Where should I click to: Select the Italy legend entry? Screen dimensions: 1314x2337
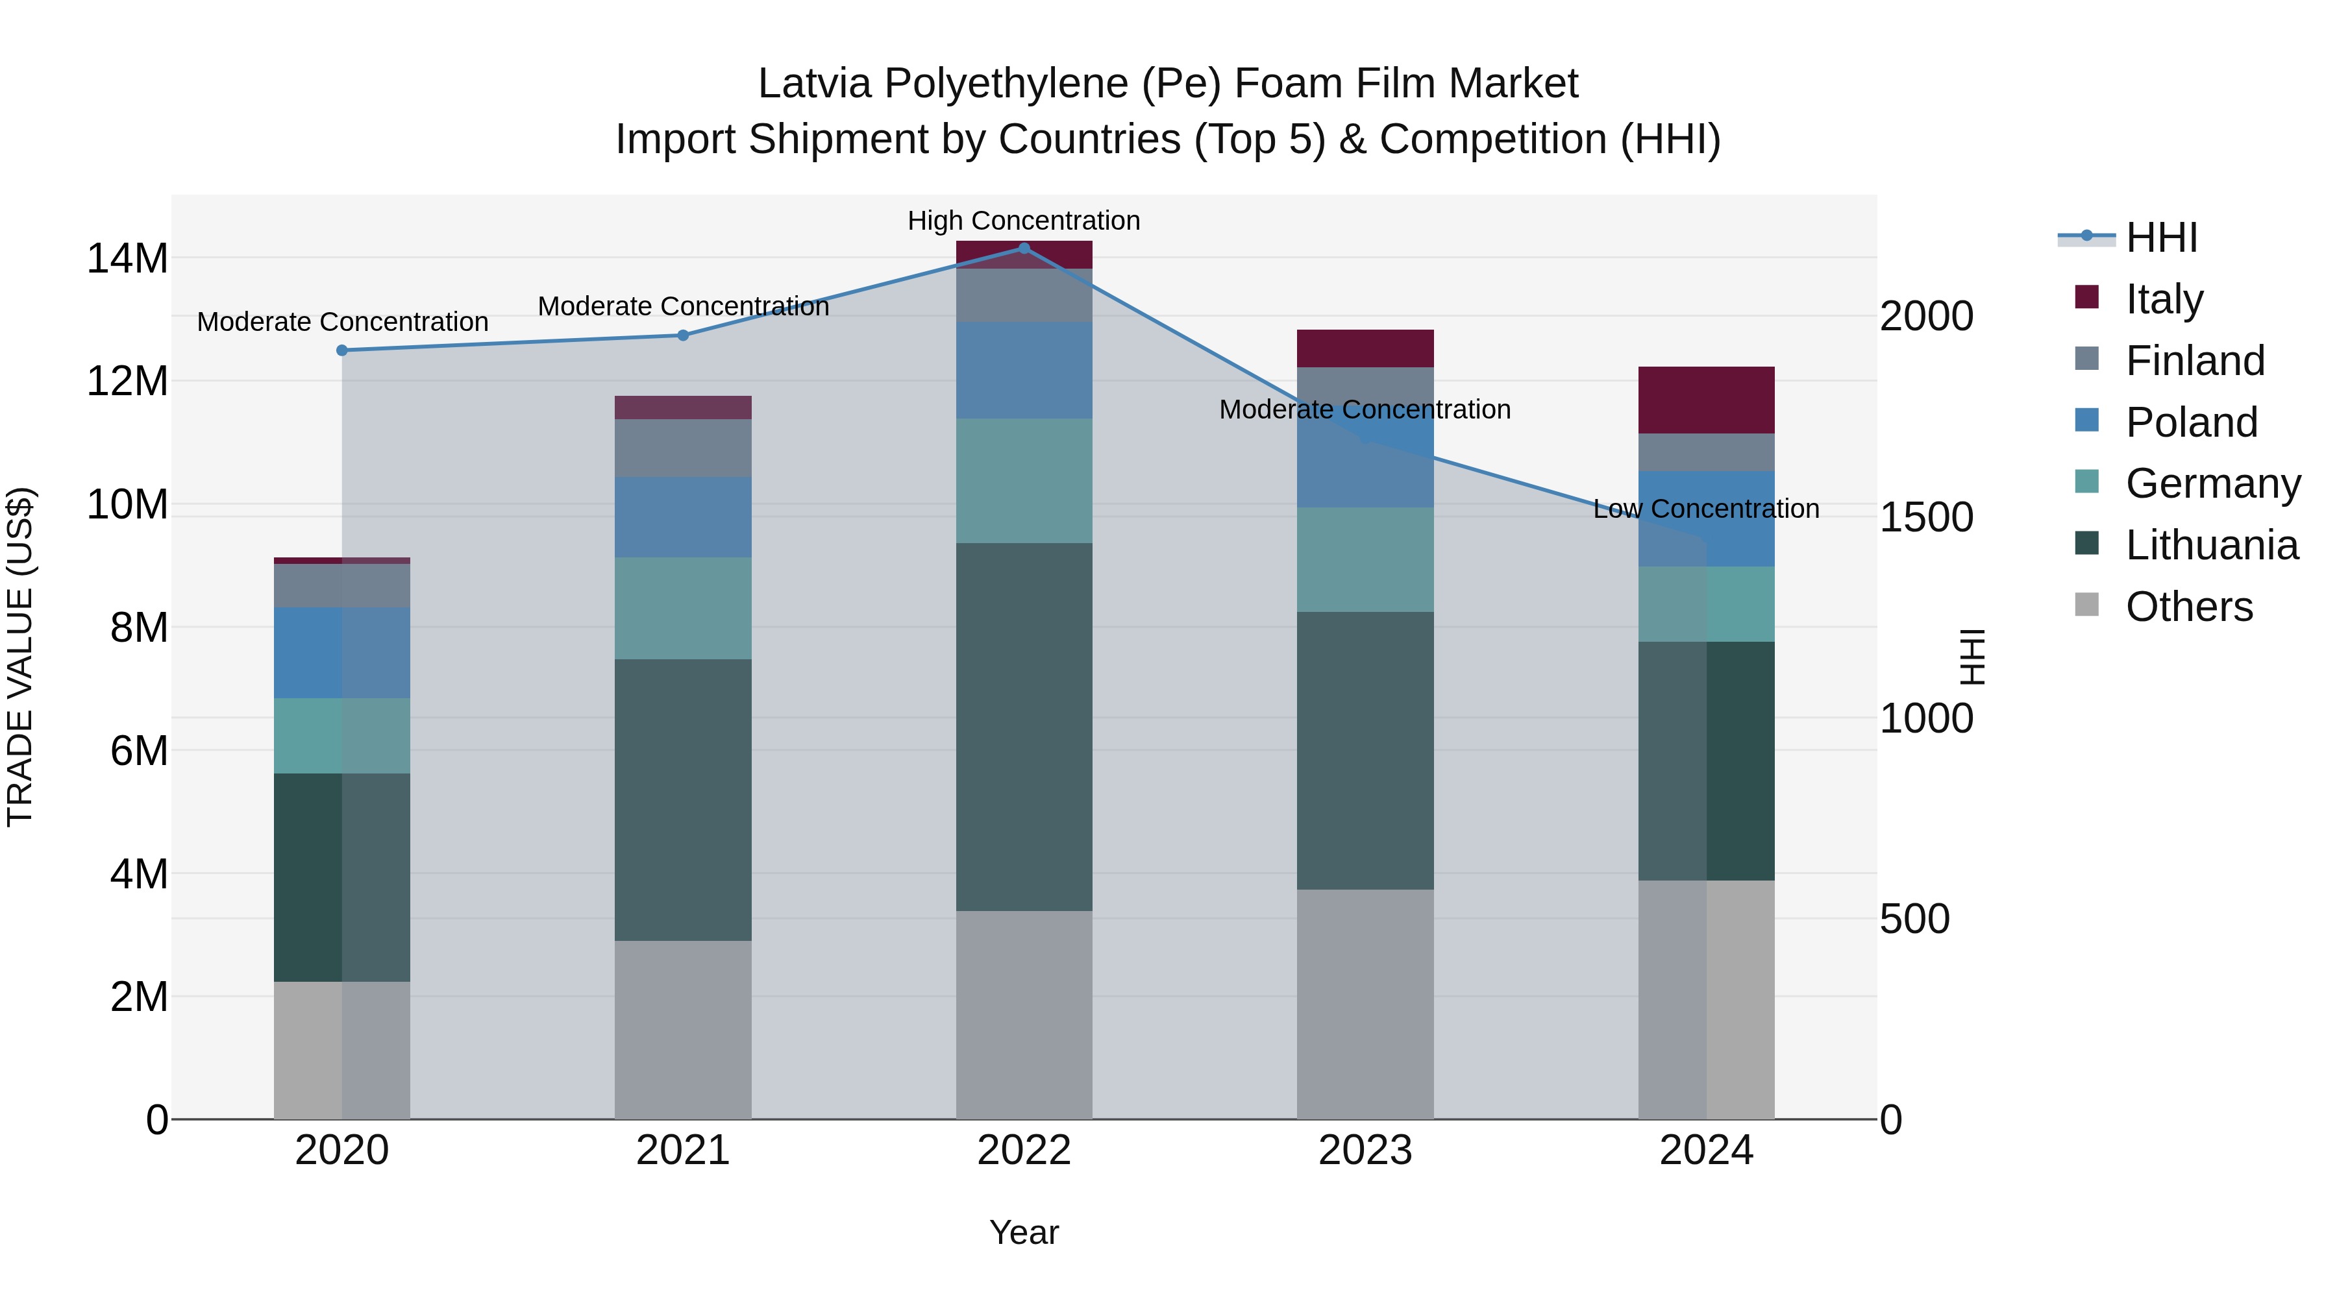tap(2164, 299)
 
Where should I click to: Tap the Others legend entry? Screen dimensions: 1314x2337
tap(2188, 607)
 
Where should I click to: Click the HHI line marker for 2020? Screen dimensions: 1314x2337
tap(342, 350)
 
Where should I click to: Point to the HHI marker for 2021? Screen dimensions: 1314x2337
tap(683, 335)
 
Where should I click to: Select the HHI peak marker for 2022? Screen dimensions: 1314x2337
tap(1024, 248)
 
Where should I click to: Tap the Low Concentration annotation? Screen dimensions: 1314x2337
tap(1705, 509)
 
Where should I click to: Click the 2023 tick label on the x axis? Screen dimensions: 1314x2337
tap(1365, 1150)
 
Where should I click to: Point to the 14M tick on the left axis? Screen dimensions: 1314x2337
tap(127, 258)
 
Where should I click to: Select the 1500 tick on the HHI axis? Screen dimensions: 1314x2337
tap(1926, 518)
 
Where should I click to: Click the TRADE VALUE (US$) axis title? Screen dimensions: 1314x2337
tap(20, 657)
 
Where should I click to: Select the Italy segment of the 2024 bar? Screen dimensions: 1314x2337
tap(1705, 400)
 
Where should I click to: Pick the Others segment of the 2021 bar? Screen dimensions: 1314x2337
tap(683, 1029)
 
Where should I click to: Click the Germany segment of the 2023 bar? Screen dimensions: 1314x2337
tap(1365, 559)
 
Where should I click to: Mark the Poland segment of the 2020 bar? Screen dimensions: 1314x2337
tap(342, 652)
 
